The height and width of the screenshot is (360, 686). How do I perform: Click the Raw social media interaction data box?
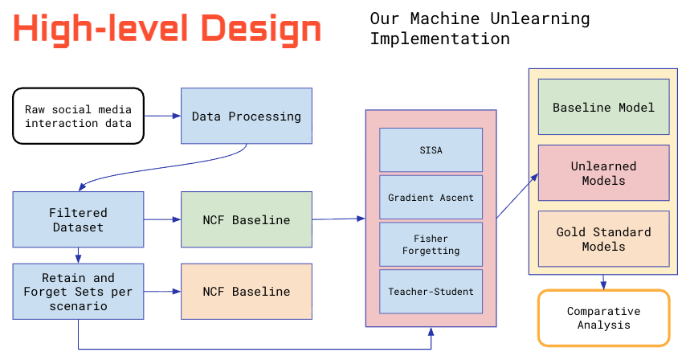click(x=78, y=116)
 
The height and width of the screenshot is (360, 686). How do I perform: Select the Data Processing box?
click(x=246, y=116)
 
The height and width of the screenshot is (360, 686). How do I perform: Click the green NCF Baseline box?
click(x=246, y=219)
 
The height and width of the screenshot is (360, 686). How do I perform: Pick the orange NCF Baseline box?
click(x=246, y=291)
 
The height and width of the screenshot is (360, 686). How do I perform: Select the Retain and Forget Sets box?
click(x=78, y=291)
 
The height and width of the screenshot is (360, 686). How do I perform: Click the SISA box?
click(x=431, y=149)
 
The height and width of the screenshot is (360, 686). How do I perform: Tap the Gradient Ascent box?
click(x=431, y=198)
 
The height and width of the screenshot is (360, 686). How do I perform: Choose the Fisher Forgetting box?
click(x=431, y=244)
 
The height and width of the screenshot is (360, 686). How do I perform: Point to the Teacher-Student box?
click(x=431, y=292)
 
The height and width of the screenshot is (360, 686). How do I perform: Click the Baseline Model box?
click(x=603, y=107)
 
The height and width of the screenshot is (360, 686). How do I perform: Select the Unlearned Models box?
click(x=603, y=173)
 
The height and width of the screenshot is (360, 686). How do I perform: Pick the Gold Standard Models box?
click(x=603, y=239)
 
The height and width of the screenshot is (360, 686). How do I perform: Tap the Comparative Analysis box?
click(x=603, y=317)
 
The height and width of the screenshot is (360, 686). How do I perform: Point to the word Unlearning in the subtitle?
click(x=545, y=18)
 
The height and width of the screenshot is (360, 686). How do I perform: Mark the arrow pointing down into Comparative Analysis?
click(x=603, y=281)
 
